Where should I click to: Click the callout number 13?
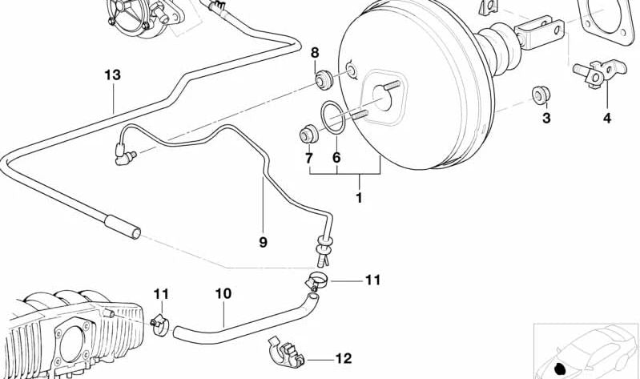[x=113, y=75]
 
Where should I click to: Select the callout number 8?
[x=315, y=53]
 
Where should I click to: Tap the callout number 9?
[x=264, y=242]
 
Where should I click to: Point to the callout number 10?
[x=223, y=293]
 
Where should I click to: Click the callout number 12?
[x=344, y=358]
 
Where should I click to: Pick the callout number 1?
[x=359, y=198]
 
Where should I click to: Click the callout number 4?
[x=607, y=119]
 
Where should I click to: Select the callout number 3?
[x=546, y=119]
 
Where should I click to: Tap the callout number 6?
[x=336, y=157]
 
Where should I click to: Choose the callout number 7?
[x=309, y=157]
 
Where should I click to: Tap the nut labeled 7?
[x=309, y=135]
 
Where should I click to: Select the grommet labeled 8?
[x=324, y=79]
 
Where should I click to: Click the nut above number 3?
[x=541, y=95]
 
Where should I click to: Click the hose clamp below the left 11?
[x=160, y=325]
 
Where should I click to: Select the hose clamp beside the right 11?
[x=316, y=281]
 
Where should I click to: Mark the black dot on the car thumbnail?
[x=561, y=368]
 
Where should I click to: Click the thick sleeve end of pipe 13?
[x=123, y=227]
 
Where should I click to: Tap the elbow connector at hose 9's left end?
[x=124, y=154]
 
